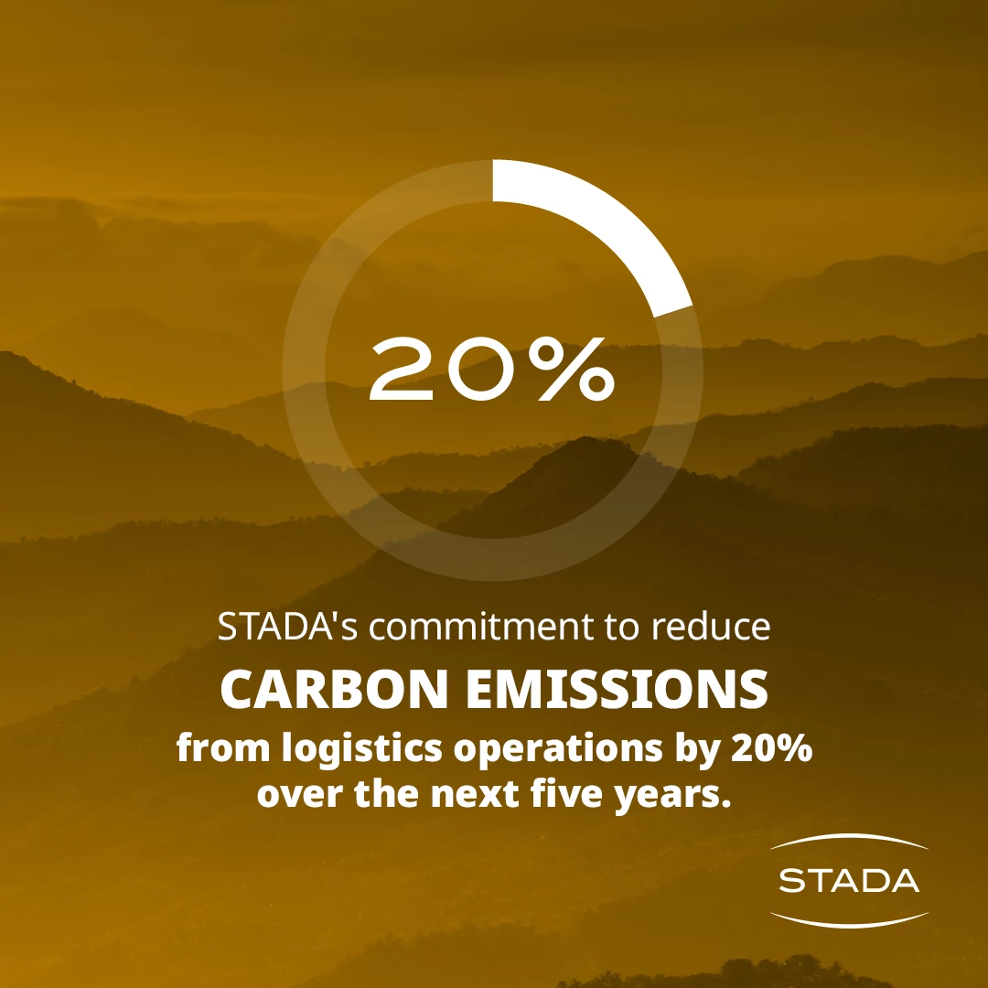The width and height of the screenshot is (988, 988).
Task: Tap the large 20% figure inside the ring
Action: pyautogui.click(x=491, y=370)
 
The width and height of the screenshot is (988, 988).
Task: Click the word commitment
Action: pyautogui.click(x=481, y=627)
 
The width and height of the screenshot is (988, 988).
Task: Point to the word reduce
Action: pyautogui.click(x=710, y=627)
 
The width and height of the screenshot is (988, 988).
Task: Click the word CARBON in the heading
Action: pyautogui.click(x=334, y=689)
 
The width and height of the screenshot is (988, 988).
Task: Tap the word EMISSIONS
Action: pyautogui.click(x=617, y=689)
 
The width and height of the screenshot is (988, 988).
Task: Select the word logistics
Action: pyautogui.click(x=361, y=749)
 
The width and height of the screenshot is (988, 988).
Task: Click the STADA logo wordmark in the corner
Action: pyautogui.click(x=849, y=880)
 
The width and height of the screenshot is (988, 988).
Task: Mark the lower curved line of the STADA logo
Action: pyautogui.click(x=849, y=922)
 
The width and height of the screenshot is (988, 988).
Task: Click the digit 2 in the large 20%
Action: pyautogui.click(x=403, y=370)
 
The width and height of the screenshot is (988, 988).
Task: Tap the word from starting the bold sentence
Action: pyautogui.click(x=223, y=748)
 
